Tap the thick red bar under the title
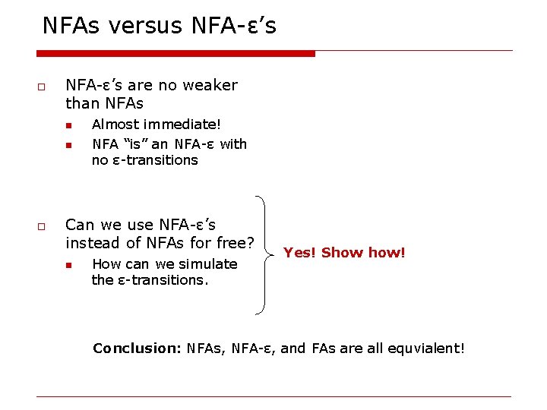[175, 53]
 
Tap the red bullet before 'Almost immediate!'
[68, 125]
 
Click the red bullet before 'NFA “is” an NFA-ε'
[68, 145]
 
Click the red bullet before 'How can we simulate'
[68, 265]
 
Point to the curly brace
[262, 254]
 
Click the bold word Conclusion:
[135, 348]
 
